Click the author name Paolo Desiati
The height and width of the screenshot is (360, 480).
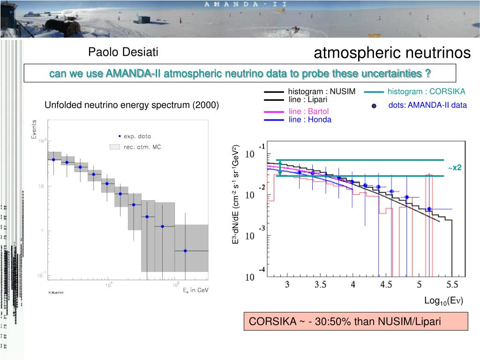coord(123,52)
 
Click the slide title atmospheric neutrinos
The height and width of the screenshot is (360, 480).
coord(392,53)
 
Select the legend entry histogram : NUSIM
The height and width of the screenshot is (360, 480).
coord(322,91)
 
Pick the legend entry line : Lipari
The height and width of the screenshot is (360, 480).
coord(307,99)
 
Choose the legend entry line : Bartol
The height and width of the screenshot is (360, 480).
coord(309,112)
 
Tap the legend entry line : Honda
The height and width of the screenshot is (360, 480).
coord(310,120)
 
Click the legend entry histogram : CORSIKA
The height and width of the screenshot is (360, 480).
coord(426,91)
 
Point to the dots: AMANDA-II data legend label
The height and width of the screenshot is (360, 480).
coord(427,105)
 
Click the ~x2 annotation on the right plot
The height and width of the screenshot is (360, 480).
coord(454,167)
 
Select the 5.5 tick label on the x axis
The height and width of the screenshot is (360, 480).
coord(452,285)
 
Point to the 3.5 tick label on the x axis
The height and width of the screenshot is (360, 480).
coord(321,285)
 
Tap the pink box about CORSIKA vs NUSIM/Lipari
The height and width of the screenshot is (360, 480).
coord(356,322)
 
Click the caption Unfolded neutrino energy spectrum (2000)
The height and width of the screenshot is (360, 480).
coord(132,105)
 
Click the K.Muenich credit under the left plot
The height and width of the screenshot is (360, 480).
coord(55,293)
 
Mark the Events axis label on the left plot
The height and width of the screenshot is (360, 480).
coord(34,129)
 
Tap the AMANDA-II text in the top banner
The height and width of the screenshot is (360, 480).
coord(246,4)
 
